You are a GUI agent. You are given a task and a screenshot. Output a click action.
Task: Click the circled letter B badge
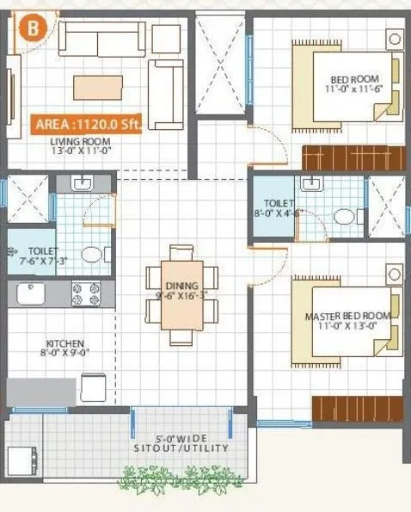pyautogui.click(x=33, y=27)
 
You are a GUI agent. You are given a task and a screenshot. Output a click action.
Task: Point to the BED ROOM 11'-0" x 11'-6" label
pyautogui.click(x=358, y=84)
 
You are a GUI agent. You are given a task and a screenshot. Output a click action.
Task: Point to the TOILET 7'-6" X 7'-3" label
pyautogui.click(x=32, y=256)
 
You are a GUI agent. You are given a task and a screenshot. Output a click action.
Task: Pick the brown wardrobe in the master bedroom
pyautogui.click(x=356, y=408)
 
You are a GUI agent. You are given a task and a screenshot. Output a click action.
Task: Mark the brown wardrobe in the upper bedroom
pyautogui.click(x=353, y=158)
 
